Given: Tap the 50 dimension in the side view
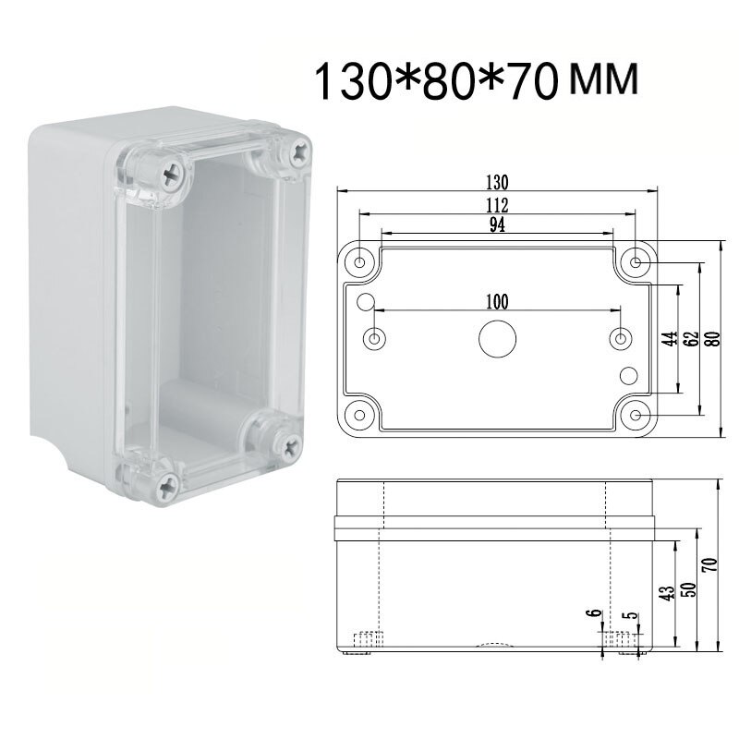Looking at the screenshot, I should click(x=688, y=589).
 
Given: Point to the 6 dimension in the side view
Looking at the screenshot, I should click(x=593, y=613).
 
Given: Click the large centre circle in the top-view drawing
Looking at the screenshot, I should click(x=496, y=339).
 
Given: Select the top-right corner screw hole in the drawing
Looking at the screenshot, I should click(x=636, y=262).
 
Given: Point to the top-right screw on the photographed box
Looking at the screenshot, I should click(x=301, y=151).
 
